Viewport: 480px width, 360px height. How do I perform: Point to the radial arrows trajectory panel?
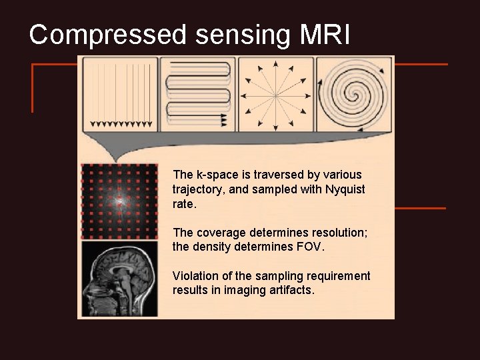click(x=276, y=94)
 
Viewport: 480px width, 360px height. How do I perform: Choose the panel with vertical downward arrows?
click(x=121, y=94)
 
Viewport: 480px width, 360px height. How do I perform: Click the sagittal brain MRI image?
click(x=119, y=279)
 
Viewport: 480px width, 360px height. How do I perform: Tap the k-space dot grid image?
click(x=119, y=201)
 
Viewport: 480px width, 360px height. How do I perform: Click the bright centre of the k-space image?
click(x=119, y=200)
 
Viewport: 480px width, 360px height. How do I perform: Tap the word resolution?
click(x=340, y=233)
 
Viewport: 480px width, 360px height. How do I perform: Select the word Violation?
click(x=194, y=276)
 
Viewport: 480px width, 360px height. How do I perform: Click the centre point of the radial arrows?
click(x=275, y=95)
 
